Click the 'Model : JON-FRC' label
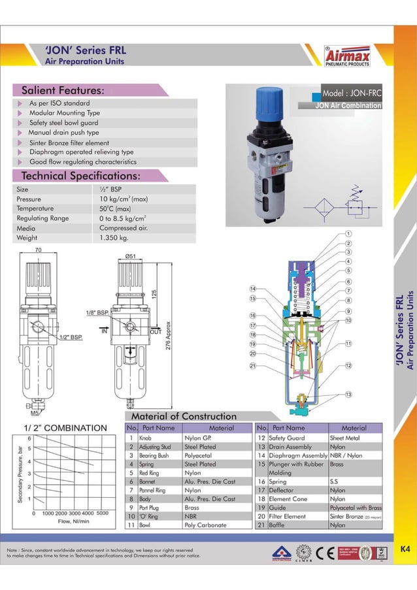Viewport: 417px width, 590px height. pos(351,93)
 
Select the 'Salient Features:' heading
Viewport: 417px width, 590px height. pos(63,90)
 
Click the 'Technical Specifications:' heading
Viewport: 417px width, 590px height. pos(81,176)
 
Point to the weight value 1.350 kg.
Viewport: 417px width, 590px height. pos(118,238)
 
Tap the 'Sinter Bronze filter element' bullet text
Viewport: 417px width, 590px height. pos(69,142)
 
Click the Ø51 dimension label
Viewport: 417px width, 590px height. pos(130,256)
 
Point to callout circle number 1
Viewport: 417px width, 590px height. pos(348,233)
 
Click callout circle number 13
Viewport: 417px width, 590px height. pos(348,395)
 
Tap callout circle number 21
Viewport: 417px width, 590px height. pos(252,366)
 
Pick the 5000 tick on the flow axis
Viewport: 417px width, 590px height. pos(103,513)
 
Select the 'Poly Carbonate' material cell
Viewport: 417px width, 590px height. pos(205,525)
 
